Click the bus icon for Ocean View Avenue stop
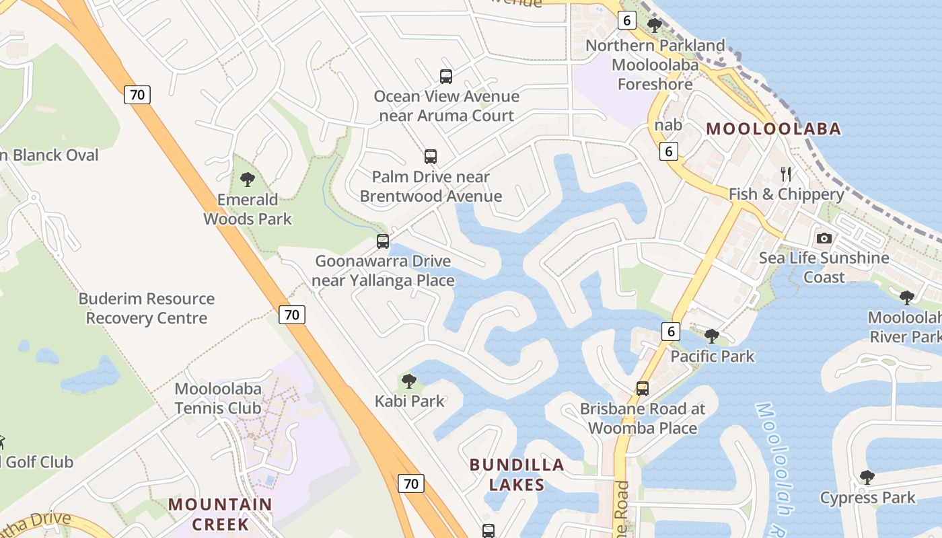click(446, 77)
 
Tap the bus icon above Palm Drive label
click(431, 157)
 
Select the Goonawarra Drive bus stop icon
click(383, 241)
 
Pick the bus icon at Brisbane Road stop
click(643, 389)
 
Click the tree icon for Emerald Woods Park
click(248, 180)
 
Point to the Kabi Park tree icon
click(408, 382)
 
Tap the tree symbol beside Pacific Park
click(712, 336)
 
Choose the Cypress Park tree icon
click(867, 478)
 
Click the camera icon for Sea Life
click(824, 238)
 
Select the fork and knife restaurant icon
click(786, 174)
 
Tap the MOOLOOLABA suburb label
click(773, 129)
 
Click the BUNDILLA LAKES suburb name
click(517, 474)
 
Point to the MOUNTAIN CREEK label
click(220, 514)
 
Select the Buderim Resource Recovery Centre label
click(147, 308)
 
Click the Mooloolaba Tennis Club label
click(218, 398)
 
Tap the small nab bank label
click(668, 125)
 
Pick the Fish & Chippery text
click(786, 194)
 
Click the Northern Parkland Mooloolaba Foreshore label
click(655, 65)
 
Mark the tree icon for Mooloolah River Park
click(907, 297)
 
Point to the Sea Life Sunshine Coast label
click(824, 267)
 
